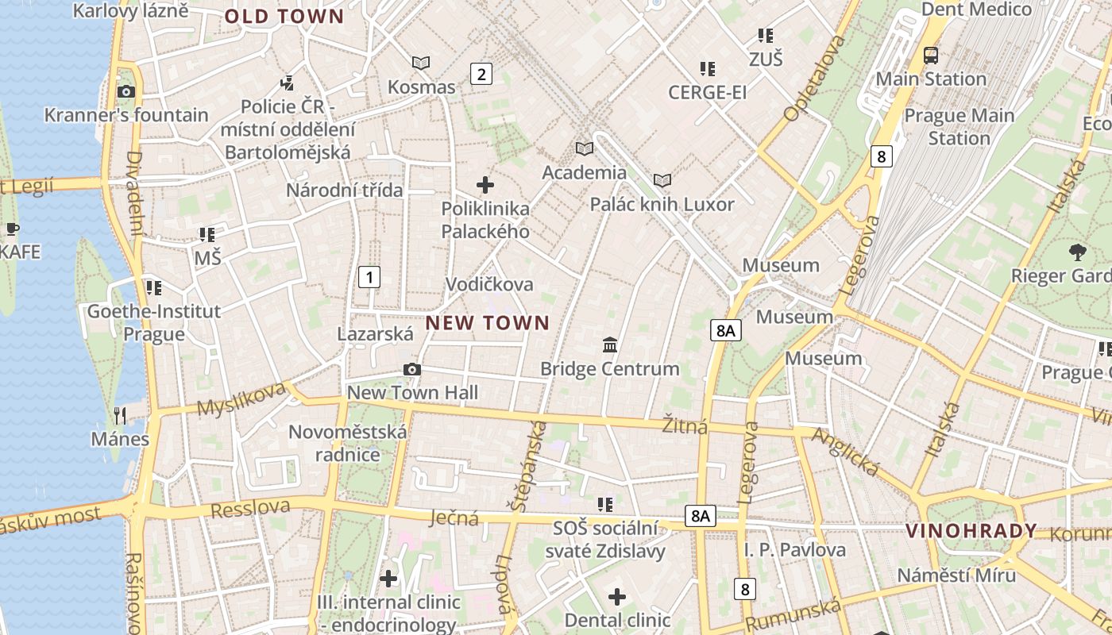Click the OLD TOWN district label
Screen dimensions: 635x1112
click(x=284, y=17)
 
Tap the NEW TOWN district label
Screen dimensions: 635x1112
click(x=488, y=322)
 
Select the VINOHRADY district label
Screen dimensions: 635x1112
click(x=971, y=531)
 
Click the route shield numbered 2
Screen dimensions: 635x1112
click(x=481, y=74)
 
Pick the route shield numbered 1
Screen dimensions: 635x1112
click(x=369, y=277)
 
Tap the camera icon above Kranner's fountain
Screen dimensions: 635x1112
click(x=125, y=91)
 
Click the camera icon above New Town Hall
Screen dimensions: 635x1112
click(x=411, y=369)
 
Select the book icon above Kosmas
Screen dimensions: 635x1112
click(x=421, y=63)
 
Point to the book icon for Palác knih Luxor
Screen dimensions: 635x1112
click(x=662, y=180)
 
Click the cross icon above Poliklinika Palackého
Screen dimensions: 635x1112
click(x=485, y=186)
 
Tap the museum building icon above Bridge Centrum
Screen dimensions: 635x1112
click(x=610, y=344)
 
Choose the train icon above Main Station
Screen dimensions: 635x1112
click(x=930, y=55)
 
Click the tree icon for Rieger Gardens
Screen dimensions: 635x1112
click(x=1078, y=252)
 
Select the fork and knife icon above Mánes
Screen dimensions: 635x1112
click(x=120, y=415)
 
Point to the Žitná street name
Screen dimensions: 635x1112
click(x=685, y=426)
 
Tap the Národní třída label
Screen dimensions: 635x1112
click(x=344, y=190)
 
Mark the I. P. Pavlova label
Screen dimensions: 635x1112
click(x=795, y=550)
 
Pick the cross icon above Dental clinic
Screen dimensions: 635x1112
click(x=617, y=596)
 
